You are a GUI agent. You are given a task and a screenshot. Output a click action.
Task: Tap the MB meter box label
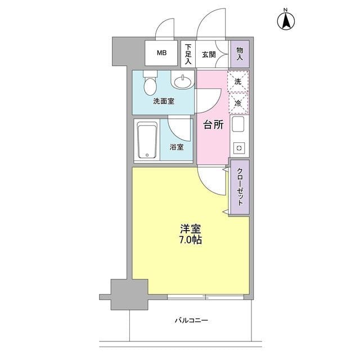point(161,53)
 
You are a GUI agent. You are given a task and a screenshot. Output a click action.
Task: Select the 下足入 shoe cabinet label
point(188,54)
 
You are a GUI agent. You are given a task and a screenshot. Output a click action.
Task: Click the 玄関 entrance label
point(209,53)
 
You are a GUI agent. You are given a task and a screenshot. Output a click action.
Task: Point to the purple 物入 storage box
point(240,54)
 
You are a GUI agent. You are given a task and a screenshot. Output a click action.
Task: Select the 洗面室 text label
point(163,102)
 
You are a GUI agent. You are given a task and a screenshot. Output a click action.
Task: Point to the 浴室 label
point(176,147)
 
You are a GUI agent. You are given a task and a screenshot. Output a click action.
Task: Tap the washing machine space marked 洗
point(238,82)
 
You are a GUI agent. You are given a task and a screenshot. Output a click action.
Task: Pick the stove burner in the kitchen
point(238,148)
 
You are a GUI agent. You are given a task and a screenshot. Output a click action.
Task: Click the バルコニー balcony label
point(191,321)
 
